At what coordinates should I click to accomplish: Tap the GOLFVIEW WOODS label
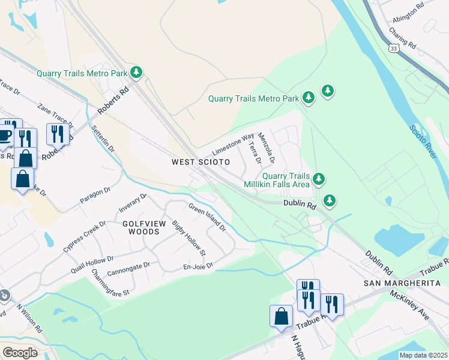(x=144, y=227)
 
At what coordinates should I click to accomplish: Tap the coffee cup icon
(x=5, y=135)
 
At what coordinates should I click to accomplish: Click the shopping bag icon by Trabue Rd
(x=281, y=316)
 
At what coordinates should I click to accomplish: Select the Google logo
(x=20, y=352)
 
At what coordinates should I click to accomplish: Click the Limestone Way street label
(x=234, y=145)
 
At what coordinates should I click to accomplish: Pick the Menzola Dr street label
(x=266, y=149)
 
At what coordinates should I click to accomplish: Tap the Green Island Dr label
(x=207, y=217)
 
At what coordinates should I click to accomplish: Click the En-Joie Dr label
(x=198, y=266)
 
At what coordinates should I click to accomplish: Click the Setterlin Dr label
(x=102, y=139)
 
